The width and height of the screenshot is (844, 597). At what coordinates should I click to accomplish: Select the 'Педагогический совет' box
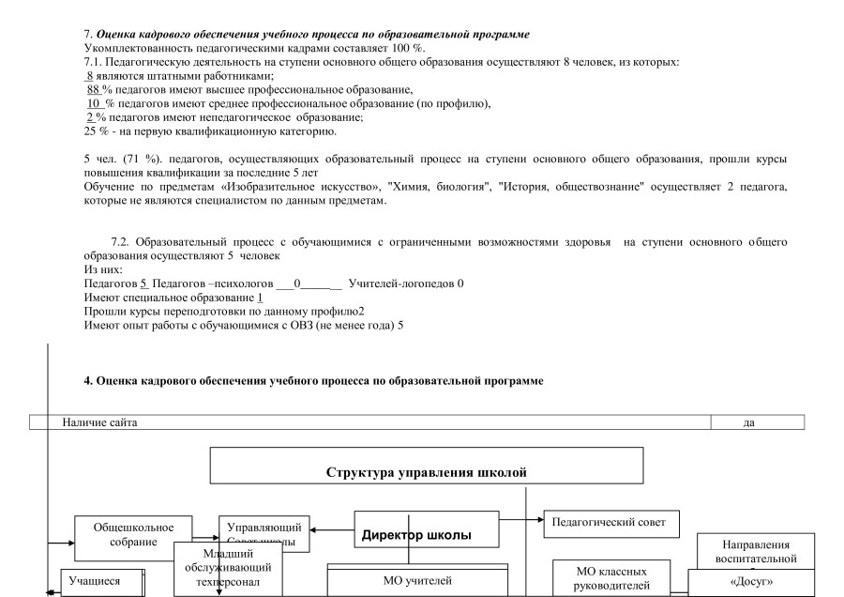pos(610,518)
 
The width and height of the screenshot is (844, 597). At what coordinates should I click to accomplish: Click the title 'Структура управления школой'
pos(426,470)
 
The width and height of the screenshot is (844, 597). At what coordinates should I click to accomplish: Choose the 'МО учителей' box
pos(416,580)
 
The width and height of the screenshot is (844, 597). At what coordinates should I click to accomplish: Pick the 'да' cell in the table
pos(748,423)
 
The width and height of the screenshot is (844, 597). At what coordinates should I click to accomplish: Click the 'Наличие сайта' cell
pos(99,423)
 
